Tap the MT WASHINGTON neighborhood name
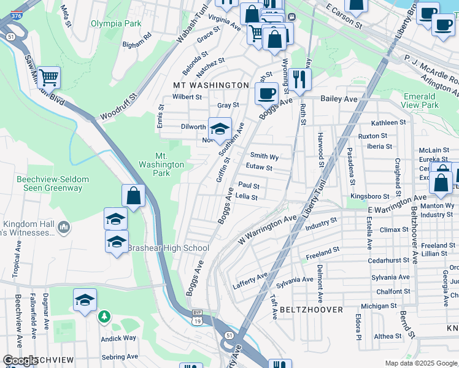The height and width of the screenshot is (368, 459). tap(210, 85)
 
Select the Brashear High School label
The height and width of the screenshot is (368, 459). tap(168, 248)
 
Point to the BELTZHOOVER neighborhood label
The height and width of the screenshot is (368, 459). tap(311, 310)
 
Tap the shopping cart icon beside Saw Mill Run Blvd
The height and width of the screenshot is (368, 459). tap(48, 77)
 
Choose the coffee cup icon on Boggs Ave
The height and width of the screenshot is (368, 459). tap(266, 94)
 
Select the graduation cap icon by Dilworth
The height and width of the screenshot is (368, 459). tap(220, 129)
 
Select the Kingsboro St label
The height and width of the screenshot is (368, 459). tap(369, 196)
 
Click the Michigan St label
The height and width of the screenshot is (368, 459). tap(379, 306)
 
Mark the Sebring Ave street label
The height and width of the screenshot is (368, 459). tap(120, 356)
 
